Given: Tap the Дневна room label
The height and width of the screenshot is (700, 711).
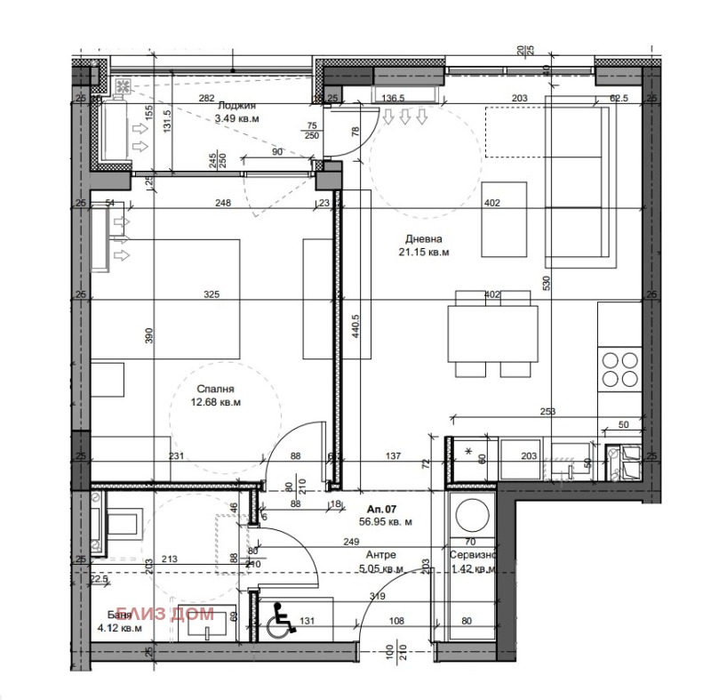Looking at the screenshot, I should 424,239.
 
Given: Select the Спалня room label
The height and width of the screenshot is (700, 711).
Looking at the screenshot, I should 218,389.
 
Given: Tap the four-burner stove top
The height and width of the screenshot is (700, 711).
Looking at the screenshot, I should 620,368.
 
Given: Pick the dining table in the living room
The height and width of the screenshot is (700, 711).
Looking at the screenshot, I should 491,333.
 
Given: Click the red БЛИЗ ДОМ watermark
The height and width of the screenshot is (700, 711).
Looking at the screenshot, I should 175,613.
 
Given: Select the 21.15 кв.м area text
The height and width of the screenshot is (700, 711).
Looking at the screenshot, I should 424,253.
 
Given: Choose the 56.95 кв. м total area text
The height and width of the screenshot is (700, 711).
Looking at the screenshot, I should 384,523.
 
